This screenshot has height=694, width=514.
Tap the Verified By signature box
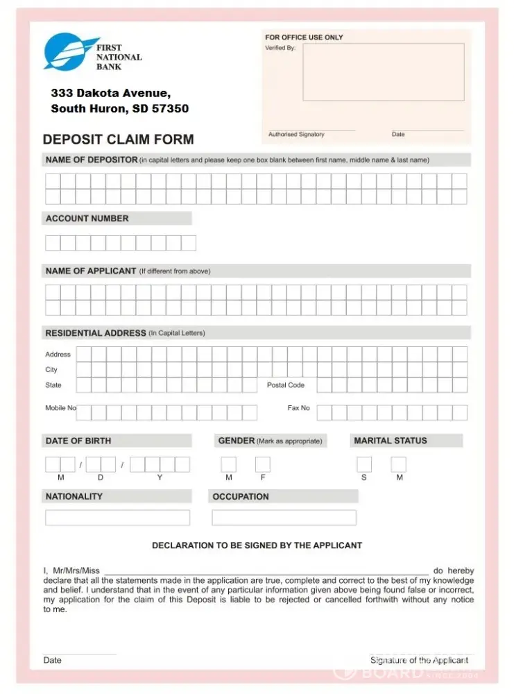click(x=383, y=72)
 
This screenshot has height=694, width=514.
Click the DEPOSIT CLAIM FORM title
click(x=119, y=139)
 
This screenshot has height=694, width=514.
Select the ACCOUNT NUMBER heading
click(x=87, y=219)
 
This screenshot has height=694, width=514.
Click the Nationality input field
click(x=117, y=518)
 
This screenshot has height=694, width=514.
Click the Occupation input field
click(x=284, y=518)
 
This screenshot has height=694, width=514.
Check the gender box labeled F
click(x=263, y=464)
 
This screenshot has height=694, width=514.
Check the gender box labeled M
click(x=228, y=464)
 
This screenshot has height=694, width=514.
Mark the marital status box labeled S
click(x=364, y=464)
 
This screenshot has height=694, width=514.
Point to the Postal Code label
click(x=286, y=385)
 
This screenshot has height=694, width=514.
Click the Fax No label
click(x=299, y=408)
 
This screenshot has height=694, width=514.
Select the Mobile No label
click(x=60, y=408)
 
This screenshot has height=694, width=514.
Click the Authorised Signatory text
click(x=296, y=135)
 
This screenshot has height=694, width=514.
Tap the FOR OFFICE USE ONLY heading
click(x=304, y=37)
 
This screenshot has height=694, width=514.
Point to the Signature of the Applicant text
click(x=420, y=660)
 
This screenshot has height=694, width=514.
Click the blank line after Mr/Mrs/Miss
click(x=266, y=570)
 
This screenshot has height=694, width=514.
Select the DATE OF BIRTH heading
click(x=78, y=441)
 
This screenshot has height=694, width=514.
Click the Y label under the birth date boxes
click(x=160, y=477)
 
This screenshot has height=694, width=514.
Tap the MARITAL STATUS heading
click(x=391, y=441)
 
